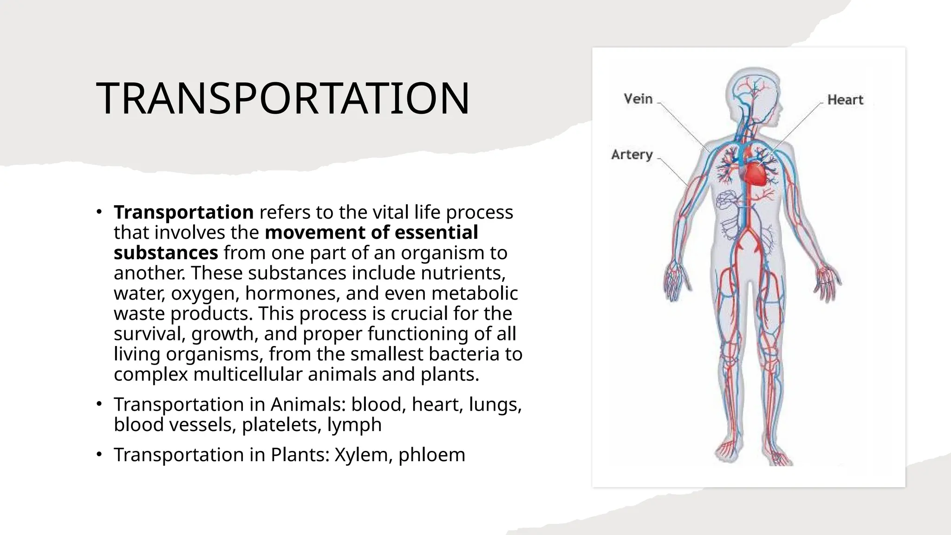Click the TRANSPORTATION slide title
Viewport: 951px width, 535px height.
[283, 98]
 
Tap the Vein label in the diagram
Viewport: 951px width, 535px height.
[638, 99]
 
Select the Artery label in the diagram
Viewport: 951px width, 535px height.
[632, 155]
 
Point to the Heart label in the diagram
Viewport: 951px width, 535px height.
[845, 100]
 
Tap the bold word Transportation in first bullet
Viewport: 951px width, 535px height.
[183, 212]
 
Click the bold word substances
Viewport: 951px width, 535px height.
[166, 253]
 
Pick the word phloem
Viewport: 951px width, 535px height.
[431, 455]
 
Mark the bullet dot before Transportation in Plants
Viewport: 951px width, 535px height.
[99, 454]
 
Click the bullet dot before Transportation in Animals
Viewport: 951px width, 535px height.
[99, 404]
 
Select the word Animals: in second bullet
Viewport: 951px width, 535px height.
[308, 405]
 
